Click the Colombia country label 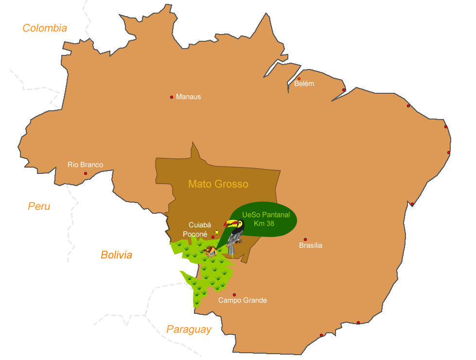pos(45,28)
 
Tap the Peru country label pos(39,206)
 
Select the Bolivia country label pos(116,255)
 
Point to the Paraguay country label pos(189,329)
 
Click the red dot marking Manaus pos(172,97)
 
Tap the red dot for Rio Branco pos(86,173)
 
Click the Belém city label pos(304,84)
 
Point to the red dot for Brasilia pos(305,240)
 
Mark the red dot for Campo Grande pos(234,295)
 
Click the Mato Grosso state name pos(218,184)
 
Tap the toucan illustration pos(235,236)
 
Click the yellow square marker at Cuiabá pos(217,232)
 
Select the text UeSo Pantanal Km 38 pos(265,219)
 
